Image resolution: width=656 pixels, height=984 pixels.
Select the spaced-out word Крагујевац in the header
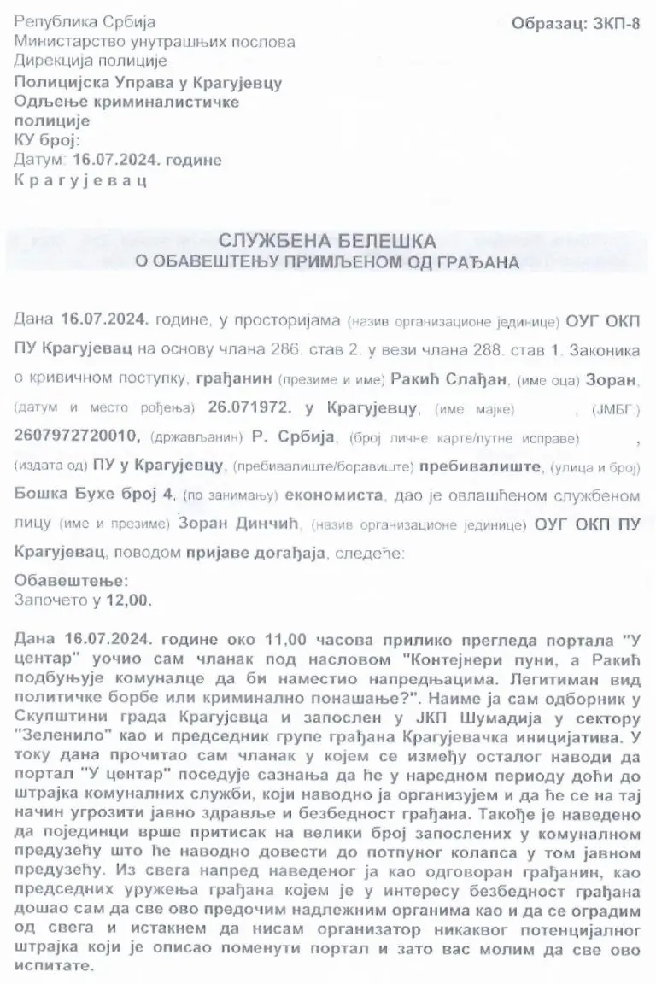(80, 180)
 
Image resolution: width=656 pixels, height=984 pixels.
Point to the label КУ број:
(47, 140)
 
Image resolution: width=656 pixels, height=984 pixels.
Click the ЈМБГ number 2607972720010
(75, 436)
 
